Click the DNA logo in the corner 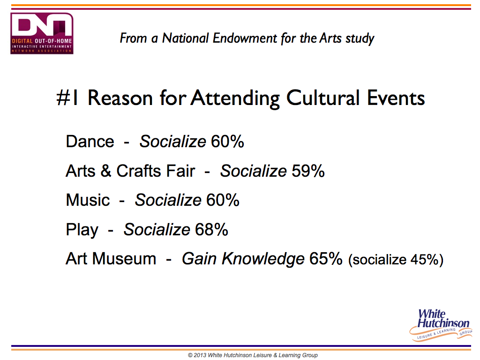tap(42, 33)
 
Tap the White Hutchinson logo tap(441, 325)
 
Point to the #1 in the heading tap(67, 98)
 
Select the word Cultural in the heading tap(322, 98)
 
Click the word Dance tap(90, 142)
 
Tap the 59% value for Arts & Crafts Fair tap(308, 171)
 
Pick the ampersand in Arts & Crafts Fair tap(105, 171)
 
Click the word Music tap(88, 200)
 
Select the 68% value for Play tap(211, 230)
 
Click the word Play tap(82, 230)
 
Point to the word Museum tap(124, 259)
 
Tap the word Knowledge tap(263, 259)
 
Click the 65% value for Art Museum tap(326, 259)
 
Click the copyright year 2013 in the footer tap(200, 355)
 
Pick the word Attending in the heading tap(235, 98)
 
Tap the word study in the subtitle tap(360, 39)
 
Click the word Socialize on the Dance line tap(173, 142)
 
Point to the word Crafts tap(156, 171)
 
